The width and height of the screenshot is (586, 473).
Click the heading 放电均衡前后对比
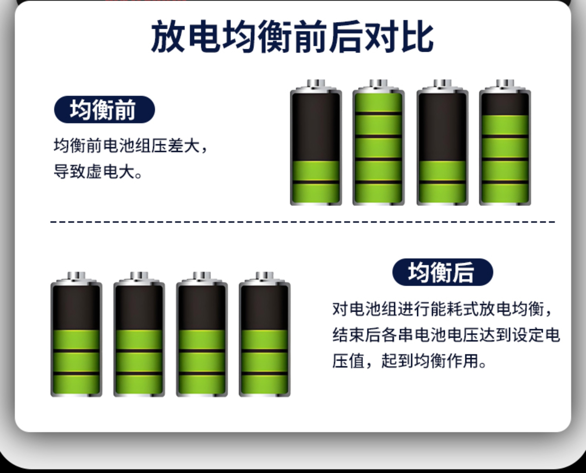pos(292,37)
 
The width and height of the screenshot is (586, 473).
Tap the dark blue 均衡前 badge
pos(104,109)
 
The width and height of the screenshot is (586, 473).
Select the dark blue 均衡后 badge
pos(443,272)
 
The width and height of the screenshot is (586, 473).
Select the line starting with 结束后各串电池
pos(446,335)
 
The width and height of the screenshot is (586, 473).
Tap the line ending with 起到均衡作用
pos(409,361)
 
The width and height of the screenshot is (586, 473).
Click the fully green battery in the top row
pos(378,142)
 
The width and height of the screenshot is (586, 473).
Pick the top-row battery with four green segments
pos(505,142)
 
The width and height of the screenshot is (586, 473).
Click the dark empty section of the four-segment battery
pos(505,104)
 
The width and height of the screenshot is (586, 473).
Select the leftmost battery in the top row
pos(316,142)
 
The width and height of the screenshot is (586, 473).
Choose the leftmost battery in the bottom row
pos(76,334)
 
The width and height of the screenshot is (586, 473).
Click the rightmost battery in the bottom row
pos(265,334)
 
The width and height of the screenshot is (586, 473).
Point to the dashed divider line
pos(302,222)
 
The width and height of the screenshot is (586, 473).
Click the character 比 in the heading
pos(418,37)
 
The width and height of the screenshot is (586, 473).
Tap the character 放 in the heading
pos(168,37)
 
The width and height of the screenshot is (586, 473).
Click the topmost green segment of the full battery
pos(378,103)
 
